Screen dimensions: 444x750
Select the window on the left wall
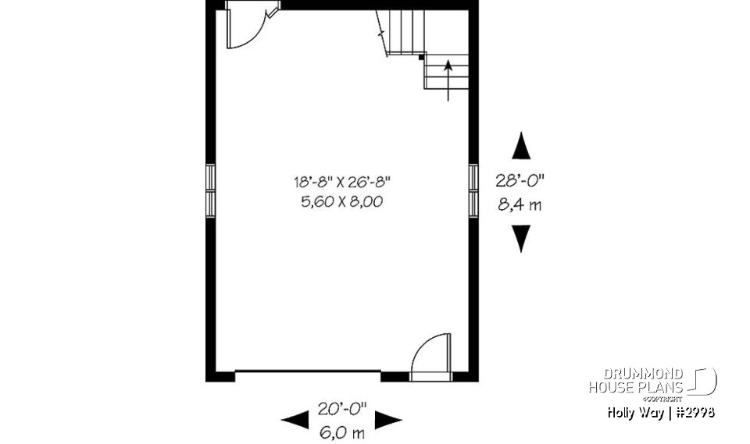[210, 190]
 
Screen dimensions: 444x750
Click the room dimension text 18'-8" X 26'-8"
[341, 182]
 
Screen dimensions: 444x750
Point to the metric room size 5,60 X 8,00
[341, 201]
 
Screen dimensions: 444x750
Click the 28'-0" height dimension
[520, 180]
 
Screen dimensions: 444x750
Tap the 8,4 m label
[520, 206]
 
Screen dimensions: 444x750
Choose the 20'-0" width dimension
[341, 407]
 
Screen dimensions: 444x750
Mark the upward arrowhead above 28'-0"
[520, 146]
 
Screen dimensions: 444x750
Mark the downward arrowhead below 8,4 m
[520, 238]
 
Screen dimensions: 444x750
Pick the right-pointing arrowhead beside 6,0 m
[388, 421]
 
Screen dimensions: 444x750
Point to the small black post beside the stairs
[422, 57]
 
